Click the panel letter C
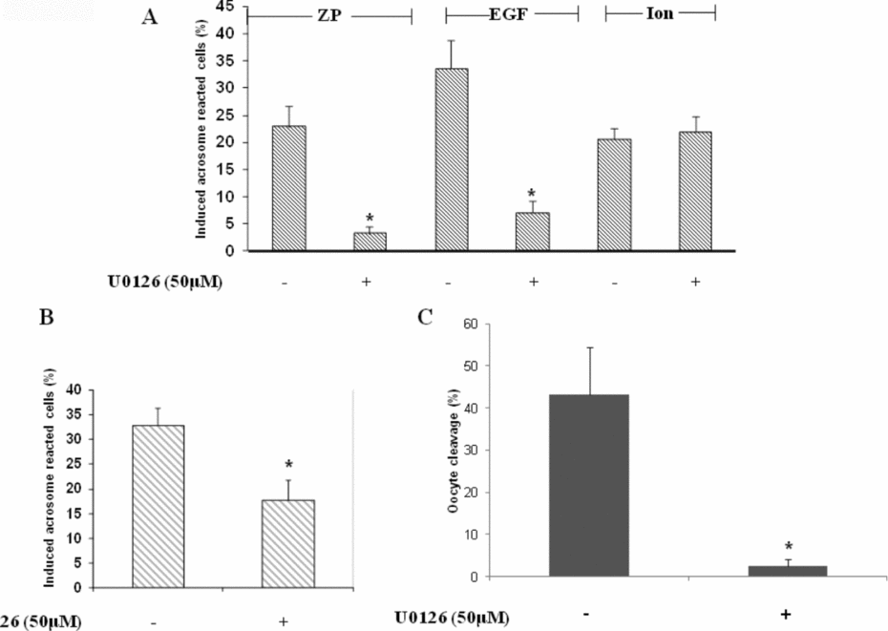pyautogui.click(x=427, y=315)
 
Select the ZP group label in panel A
pyautogui.click(x=328, y=15)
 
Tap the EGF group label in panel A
pyautogui.click(x=512, y=15)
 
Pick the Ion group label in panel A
pyautogui.click(x=661, y=14)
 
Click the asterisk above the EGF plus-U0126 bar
pyautogui.click(x=533, y=195)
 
